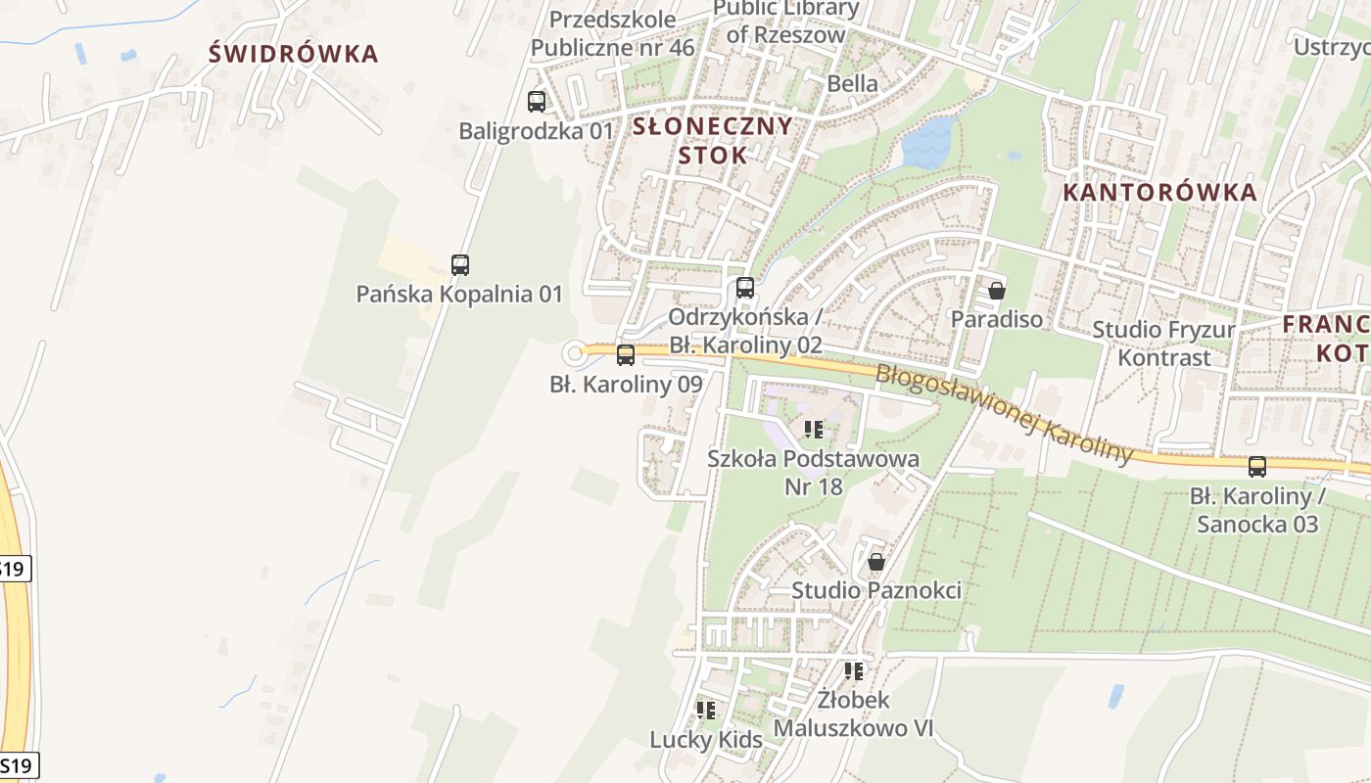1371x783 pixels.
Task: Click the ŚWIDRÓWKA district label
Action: [x=293, y=54]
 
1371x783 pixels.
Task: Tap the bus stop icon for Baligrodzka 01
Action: [x=537, y=101]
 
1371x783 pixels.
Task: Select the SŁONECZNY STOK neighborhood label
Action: [x=712, y=140]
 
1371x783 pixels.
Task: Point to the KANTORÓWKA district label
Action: [x=1159, y=192]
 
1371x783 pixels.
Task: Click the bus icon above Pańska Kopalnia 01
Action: [x=460, y=264]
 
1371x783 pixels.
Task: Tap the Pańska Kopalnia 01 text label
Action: [x=459, y=294]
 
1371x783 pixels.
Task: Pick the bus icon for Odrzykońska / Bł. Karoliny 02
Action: [x=745, y=288]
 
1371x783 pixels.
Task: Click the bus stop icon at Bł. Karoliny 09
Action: [x=626, y=355]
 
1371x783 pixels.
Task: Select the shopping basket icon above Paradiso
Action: [x=997, y=290]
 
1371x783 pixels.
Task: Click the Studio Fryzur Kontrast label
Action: [x=1163, y=344]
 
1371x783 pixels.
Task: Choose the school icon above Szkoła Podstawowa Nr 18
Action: [x=814, y=429]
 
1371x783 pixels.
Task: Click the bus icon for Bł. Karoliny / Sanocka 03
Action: [x=1257, y=467]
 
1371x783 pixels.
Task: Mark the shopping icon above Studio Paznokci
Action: [x=876, y=562]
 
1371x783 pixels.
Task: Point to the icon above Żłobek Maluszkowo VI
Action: [x=854, y=671]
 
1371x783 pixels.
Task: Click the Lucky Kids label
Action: [x=706, y=740]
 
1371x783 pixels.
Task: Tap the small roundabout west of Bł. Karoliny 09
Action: [x=574, y=353]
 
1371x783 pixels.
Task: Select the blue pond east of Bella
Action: [x=927, y=142]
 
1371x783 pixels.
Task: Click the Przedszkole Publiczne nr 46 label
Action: [x=612, y=33]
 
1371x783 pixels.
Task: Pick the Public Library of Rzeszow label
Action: [x=785, y=22]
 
